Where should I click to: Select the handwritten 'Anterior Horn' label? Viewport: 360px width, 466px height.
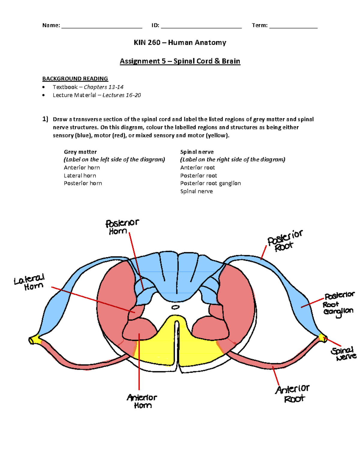142,401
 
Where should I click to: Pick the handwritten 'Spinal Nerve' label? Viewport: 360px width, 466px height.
343,354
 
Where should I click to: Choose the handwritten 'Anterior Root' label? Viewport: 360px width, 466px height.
292,393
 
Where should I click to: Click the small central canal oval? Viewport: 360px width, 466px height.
175,307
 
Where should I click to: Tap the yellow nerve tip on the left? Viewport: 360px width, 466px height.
34,340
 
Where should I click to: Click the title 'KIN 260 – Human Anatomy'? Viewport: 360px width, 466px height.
180,43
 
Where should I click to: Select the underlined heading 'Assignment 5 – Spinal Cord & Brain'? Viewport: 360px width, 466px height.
180,61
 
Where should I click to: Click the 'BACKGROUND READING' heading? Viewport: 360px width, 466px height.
75,79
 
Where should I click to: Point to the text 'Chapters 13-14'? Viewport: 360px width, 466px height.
103,87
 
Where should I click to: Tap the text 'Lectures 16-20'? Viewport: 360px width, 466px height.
121,95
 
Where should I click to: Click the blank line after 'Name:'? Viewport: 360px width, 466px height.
102,26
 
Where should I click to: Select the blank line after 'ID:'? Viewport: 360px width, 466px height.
201,26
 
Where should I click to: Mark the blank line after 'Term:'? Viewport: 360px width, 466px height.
293,26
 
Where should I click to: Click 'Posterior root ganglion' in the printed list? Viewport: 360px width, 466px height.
210,183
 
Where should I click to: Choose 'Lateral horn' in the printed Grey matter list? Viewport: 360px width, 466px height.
80,176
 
